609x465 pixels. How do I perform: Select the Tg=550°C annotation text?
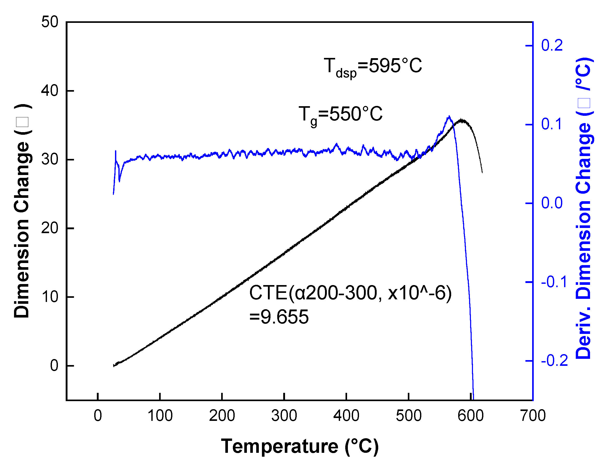point(341,115)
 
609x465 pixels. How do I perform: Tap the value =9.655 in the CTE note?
point(279,317)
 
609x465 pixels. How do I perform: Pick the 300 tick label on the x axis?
point(284,416)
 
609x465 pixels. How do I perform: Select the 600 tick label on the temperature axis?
point(470,416)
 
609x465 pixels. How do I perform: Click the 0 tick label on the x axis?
point(98,416)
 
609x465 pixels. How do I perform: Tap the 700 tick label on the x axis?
point(533,416)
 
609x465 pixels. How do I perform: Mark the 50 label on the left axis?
point(50,22)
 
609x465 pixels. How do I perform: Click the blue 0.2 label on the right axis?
point(552,45)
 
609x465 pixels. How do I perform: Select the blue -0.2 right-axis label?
point(554,361)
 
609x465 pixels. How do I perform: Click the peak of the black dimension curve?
point(462,120)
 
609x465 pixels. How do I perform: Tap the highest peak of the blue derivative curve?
point(449,117)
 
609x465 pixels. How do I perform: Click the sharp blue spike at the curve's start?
point(116,151)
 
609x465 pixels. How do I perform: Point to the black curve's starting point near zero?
point(114,366)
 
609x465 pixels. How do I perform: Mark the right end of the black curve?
point(482,173)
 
